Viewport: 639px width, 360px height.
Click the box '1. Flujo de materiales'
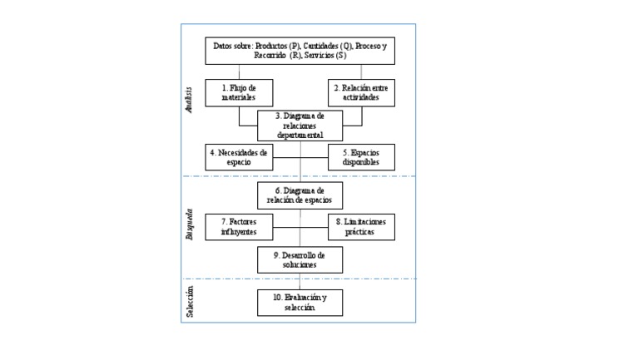(x=239, y=92)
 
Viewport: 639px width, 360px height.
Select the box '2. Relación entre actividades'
(x=361, y=92)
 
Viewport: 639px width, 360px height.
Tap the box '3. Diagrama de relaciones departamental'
(x=300, y=125)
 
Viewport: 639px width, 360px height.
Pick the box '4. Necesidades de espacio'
(x=239, y=157)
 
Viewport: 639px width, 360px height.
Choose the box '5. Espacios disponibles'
(x=361, y=157)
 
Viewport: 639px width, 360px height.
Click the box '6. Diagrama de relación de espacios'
(x=300, y=195)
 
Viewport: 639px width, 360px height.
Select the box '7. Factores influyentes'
(x=239, y=227)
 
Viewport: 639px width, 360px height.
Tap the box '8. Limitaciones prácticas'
(x=361, y=227)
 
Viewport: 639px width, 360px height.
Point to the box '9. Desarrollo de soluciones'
(x=300, y=259)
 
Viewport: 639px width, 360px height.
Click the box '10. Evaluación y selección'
(x=300, y=302)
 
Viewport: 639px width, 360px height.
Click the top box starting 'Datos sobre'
(x=300, y=51)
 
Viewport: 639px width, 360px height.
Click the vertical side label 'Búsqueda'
(x=190, y=224)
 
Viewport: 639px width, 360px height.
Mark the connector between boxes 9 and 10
(x=300, y=280)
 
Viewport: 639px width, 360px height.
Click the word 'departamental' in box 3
(x=300, y=135)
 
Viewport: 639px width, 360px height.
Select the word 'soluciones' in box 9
(x=300, y=264)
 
